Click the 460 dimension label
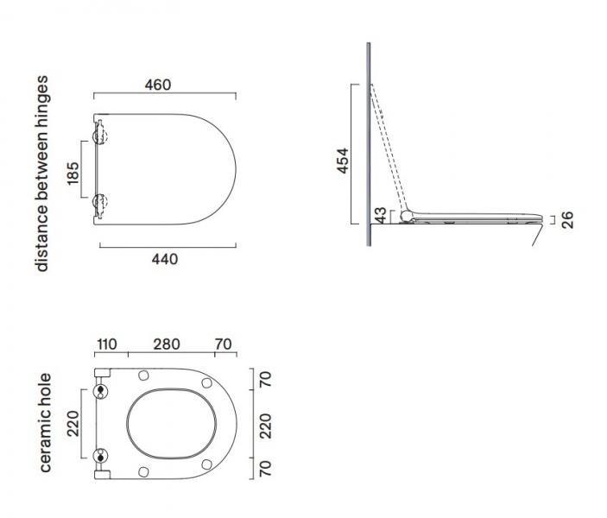click(x=158, y=85)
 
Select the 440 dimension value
click(x=165, y=259)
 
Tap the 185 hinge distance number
click(x=73, y=173)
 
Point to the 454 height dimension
click(x=342, y=161)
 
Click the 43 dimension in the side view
click(x=381, y=215)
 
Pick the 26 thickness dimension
click(x=567, y=220)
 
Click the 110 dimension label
click(x=107, y=344)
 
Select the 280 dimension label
click(x=167, y=344)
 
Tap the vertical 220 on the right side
click(x=266, y=426)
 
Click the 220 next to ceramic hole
click(x=73, y=424)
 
